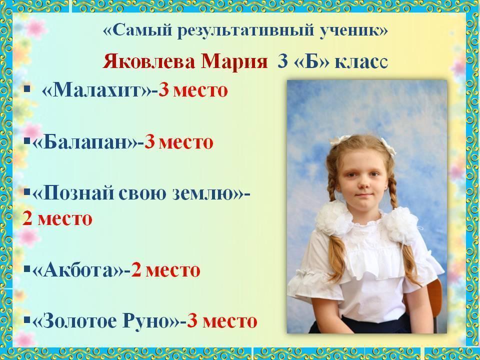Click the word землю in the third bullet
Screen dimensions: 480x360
coord(202,193)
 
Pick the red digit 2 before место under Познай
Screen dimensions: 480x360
coord(27,218)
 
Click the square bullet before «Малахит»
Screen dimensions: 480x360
coord(27,89)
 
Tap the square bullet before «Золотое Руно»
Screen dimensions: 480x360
coord(26,320)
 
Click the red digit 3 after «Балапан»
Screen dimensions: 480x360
coord(149,142)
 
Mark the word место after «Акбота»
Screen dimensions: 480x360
coord(172,270)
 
